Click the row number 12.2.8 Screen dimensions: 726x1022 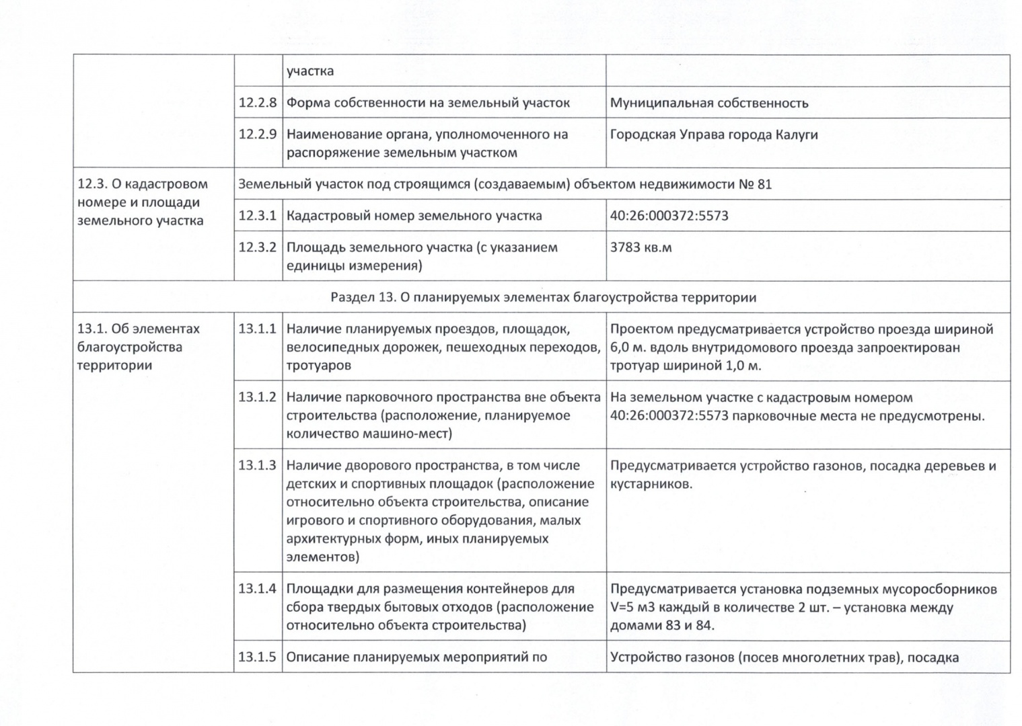coord(258,103)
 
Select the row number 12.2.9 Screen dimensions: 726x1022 coord(258,134)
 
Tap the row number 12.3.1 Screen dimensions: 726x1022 coord(258,216)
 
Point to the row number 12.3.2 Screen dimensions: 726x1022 coord(258,247)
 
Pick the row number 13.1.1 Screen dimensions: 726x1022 coord(258,329)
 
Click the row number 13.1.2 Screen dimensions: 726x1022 coord(258,397)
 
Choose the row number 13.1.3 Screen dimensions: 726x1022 coord(258,466)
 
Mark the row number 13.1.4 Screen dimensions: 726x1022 coord(258,589)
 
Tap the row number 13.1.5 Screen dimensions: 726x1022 coord(258,657)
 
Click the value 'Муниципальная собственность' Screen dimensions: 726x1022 coord(709,104)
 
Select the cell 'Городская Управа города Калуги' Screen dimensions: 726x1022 coord(714,134)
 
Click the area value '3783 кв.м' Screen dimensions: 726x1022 coord(641,247)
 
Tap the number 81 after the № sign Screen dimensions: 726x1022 coord(764,184)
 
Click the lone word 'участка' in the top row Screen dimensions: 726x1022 coord(310,71)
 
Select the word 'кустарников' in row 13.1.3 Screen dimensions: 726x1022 coord(651,484)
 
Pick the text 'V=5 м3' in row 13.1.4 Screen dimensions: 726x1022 coord(634,608)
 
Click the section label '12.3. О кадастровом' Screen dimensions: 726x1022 coord(143,184)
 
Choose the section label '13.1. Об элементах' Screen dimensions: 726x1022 coord(139,329)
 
